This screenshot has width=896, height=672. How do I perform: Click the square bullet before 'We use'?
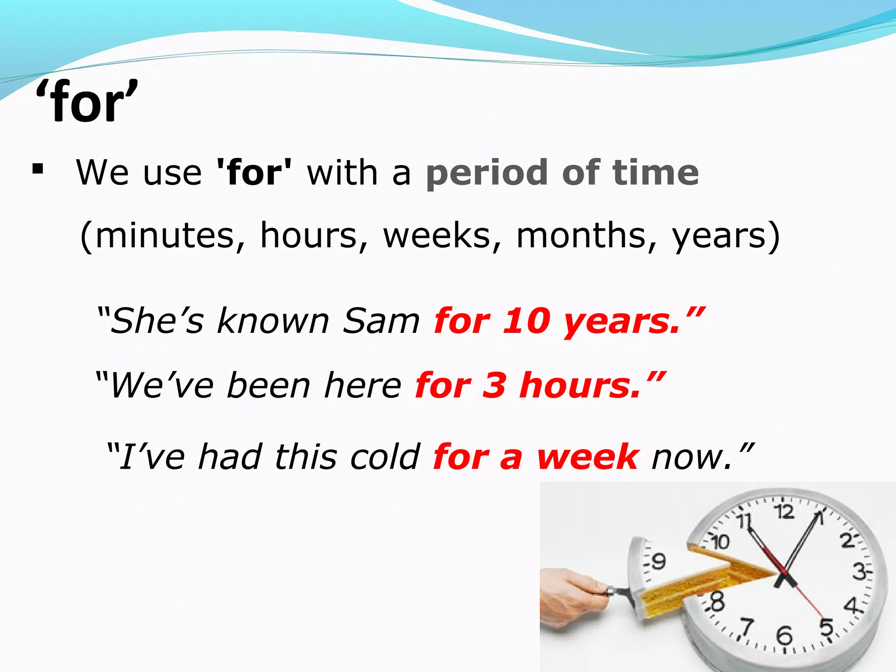tap(38, 169)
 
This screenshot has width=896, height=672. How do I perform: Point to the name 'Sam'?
tap(381, 321)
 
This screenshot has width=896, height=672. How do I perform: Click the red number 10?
tap(526, 321)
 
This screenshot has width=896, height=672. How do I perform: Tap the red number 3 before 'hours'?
tap(494, 385)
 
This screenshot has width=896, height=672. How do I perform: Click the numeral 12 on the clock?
tap(784, 511)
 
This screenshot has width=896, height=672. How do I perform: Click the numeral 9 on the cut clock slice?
tap(659, 560)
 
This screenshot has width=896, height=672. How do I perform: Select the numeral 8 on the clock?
tap(717, 602)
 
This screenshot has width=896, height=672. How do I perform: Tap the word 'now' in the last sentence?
tap(691, 457)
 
